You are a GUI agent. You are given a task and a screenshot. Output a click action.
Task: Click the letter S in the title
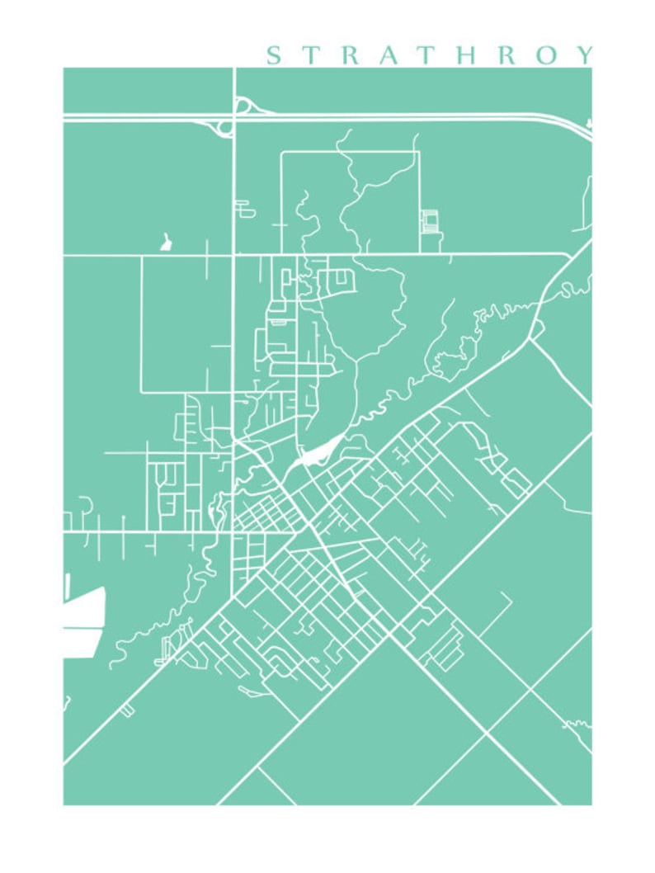point(273,55)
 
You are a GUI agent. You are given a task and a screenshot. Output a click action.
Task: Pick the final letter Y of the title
point(584,55)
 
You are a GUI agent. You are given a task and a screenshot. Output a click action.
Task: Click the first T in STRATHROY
point(313,55)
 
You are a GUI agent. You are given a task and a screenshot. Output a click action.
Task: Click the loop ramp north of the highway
point(243,105)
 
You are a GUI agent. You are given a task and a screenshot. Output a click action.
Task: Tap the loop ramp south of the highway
point(224,127)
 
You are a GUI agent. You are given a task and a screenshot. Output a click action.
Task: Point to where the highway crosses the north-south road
point(234,116)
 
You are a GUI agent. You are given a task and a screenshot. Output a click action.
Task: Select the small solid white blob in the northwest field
point(167,242)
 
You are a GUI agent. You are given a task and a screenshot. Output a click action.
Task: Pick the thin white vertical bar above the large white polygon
point(67,586)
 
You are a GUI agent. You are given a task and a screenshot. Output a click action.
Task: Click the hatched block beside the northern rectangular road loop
point(428,221)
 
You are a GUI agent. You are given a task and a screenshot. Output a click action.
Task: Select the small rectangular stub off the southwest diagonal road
point(127,710)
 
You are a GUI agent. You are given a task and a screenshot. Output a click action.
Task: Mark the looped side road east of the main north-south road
point(244,208)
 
